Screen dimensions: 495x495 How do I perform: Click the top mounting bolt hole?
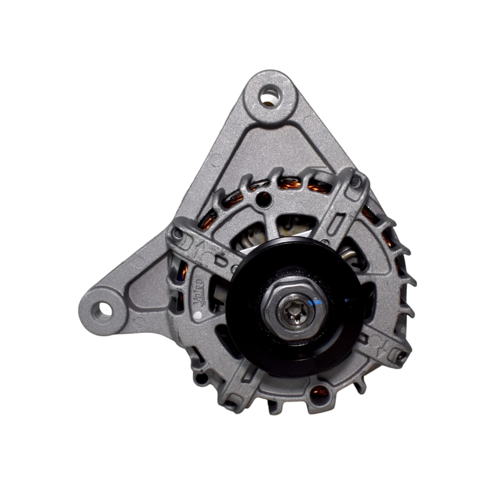pyautogui.click(x=270, y=96)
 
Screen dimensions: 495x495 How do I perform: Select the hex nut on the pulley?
pyautogui.click(x=294, y=307)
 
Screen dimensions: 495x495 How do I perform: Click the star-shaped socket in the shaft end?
pyautogui.click(x=294, y=308)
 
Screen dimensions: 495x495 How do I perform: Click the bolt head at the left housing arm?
pyautogui.click(x=178, y=234)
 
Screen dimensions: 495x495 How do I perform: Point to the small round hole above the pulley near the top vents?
pyautogui.click(x=263, y=197)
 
